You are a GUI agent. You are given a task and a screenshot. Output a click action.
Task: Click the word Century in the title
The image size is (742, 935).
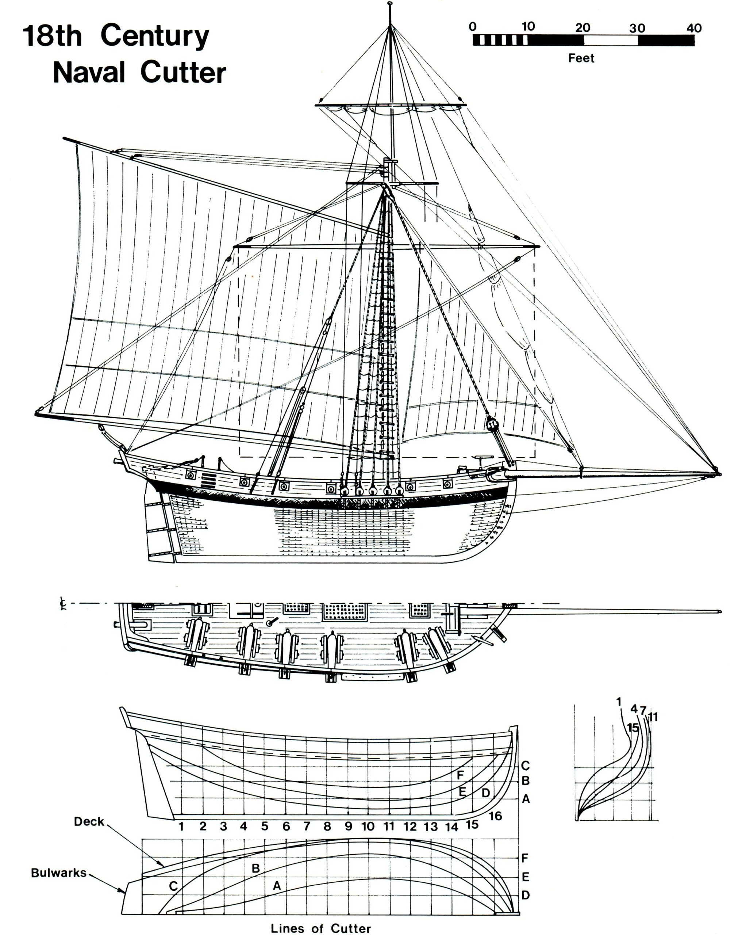pyautogui.click(x=155, y=36)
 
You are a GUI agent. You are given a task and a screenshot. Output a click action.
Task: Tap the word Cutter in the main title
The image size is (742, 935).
pyautogui.click(x=182, y=72)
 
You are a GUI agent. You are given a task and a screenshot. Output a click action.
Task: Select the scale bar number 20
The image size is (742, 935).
pyautogui.click(x=583, y=28)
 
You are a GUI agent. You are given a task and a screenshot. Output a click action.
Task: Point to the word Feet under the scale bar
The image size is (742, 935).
pyautogui.click(x=581, y=58)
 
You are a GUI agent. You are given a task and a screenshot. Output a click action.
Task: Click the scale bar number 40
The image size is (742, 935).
pyautogui.click(x=693, y=28)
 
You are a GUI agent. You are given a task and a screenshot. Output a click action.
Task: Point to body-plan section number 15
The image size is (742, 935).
pyautogui.click(x=633, y=728)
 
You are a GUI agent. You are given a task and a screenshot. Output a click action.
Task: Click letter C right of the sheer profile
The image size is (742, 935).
pyautogui.click(x=525, y=766)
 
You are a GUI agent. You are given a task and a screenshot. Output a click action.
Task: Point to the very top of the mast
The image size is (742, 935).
pyautogui.click(x=391, y=3)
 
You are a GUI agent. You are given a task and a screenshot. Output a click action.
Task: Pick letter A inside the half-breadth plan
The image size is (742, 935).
pyautogui.click(x=277, y=886)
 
